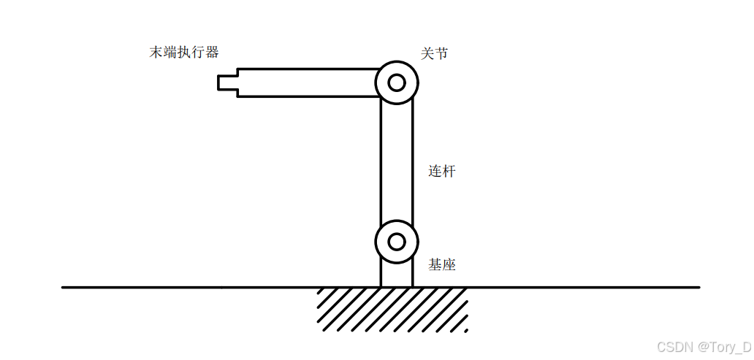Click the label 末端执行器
[x=184, y=53]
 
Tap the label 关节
[x=434, y=53]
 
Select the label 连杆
[x=442, y=172]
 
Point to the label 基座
[x=442, y=265]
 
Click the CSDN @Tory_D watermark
[x=704, y=347]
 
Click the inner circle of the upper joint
[x=397, y=83]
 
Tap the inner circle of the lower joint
[x=397, y=242]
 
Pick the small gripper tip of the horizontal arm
[x=227, y=83]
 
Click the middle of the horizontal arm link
[x=307, y=83]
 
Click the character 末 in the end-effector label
[x=156, y=53]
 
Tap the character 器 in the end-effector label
[x=212, y=53]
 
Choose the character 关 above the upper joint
[x=427, y=53]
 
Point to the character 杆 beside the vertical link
[x=449, y=172]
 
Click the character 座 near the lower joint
[x=449, y=265]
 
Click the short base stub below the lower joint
[x=397, y=275]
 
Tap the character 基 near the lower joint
[x=435, y=265]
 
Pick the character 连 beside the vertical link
[x=435, y=172]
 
